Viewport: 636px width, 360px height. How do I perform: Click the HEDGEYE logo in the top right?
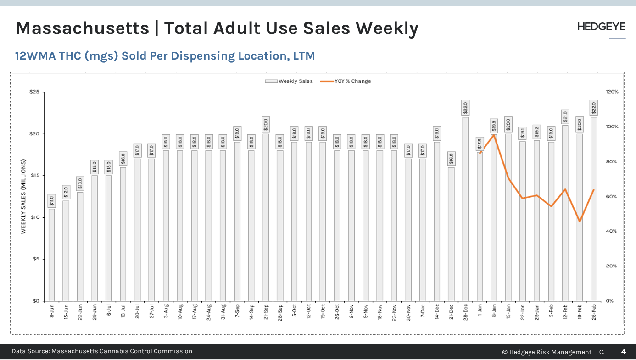[601, 27]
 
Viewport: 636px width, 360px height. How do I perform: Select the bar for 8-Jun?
[52, 255]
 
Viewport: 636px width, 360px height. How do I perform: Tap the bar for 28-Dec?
[465, 209]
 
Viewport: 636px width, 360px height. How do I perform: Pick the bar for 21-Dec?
[451, 234]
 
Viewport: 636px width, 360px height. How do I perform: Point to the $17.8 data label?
[480, 144]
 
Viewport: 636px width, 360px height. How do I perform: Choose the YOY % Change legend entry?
[346, 81]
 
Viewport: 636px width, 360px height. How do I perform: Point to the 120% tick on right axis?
[612, 92]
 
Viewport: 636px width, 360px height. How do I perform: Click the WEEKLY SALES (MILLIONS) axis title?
[23, 196]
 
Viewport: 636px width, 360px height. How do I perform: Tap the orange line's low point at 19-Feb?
[580, 222]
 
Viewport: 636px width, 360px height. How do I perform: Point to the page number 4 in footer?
[623, 352]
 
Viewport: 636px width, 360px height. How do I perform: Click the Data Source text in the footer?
[102, 351]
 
